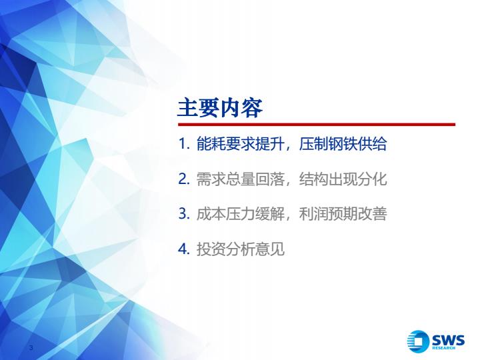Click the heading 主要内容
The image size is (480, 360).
pos(220,108)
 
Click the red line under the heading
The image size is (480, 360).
pos(317,125)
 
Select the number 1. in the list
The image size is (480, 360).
pos(184,144)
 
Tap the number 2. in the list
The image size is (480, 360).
pos(184,179)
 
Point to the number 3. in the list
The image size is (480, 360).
pos(184,214)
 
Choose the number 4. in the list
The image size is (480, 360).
pos(184,249)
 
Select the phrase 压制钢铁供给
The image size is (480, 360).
pos(343,144)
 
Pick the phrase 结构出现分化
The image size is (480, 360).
pos(343,179)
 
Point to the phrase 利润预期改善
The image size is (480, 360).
pos(343,214)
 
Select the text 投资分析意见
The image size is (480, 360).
pos(240,249)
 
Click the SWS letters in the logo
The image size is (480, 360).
pos(448,340)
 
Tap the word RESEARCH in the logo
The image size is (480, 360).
pos(443,348)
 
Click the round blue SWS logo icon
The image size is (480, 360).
pos(418,341)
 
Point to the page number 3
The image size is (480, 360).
pos(31,347)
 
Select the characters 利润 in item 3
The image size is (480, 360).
pos(313,214)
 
